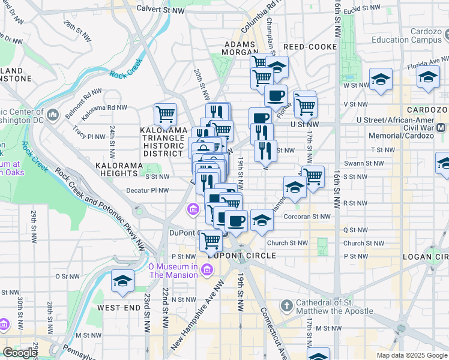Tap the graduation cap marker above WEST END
tap(122, 281)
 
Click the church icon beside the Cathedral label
tap(287, 306)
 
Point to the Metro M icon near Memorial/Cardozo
tap(441, 127)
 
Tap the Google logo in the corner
tap(20, 353)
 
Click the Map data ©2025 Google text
tap(412, 355)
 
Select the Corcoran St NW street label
tap(307, 217)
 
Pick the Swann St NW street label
tap(363, 163)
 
